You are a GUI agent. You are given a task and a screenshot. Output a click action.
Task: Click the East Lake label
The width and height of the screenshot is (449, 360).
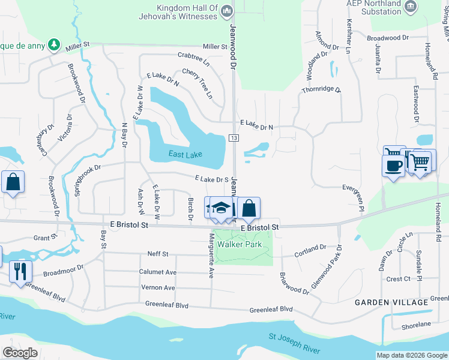click(185, 155)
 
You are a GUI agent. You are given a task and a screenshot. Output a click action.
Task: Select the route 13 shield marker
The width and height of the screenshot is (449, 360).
click(234, 139)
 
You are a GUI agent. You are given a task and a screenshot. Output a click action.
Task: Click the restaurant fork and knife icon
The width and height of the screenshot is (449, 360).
click(20, 271)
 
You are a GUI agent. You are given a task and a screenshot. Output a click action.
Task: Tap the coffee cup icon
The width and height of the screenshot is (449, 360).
click(394, 165)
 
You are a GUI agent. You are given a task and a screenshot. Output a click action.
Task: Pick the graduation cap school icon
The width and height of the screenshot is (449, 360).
click(221, 208)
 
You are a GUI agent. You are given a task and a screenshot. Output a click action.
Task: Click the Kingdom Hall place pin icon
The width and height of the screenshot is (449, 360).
click(226, 11)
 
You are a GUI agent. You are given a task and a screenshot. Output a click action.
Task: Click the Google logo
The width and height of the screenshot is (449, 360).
click(20, 352)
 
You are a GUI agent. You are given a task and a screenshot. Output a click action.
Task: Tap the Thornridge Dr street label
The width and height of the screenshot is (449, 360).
click(321, 89)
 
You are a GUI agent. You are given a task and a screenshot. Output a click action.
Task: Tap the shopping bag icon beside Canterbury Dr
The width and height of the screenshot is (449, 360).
click(13, 181)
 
